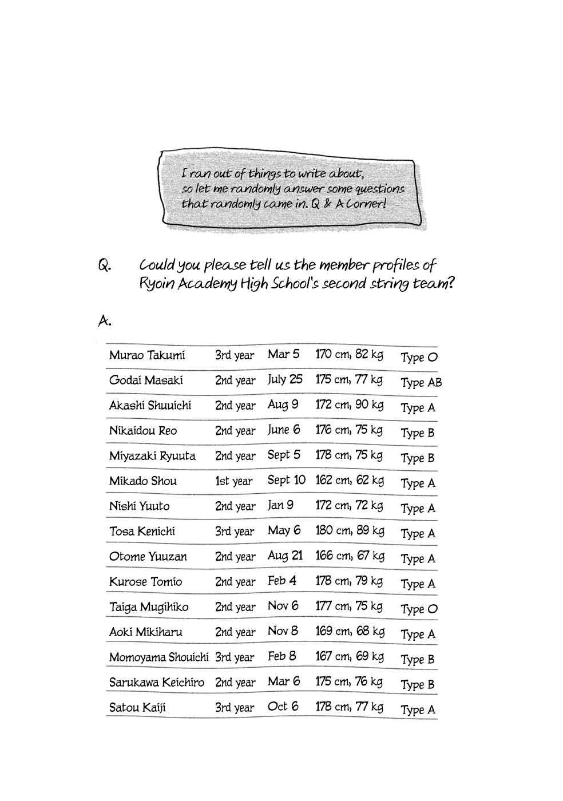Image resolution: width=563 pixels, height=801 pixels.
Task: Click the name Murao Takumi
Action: (147, 355)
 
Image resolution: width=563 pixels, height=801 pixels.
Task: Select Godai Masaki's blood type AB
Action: (421, 383)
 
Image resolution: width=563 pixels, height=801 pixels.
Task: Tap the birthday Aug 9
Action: (283, 405)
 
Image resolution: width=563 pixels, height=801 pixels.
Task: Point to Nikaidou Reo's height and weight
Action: (349, 430)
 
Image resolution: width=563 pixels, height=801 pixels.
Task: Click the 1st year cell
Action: (233, 481)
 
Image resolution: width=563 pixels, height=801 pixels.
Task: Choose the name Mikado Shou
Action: (143, 481)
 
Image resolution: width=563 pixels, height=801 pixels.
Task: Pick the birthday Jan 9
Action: (280, 506)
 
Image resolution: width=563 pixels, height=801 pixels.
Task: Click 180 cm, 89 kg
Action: (350, 531)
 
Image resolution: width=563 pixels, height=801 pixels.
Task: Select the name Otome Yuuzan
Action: (148, 557)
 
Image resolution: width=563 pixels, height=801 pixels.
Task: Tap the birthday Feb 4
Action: (282, 581)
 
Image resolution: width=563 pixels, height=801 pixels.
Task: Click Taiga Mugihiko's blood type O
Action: (419, 609)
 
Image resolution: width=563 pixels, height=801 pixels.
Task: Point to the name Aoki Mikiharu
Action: (146, 632)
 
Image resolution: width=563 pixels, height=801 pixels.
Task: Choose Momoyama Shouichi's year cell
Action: (235, 657)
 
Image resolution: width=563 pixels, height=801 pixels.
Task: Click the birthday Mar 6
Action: (283, 682)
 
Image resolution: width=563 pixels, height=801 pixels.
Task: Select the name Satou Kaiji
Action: (137, 708)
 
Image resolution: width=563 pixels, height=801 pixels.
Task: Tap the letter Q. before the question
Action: (104, 266)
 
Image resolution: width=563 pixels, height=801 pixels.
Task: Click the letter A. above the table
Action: (104, 322)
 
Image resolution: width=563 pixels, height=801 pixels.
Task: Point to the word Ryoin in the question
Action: (156, 284)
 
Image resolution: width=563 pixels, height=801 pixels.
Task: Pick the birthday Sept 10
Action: (287, 481)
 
